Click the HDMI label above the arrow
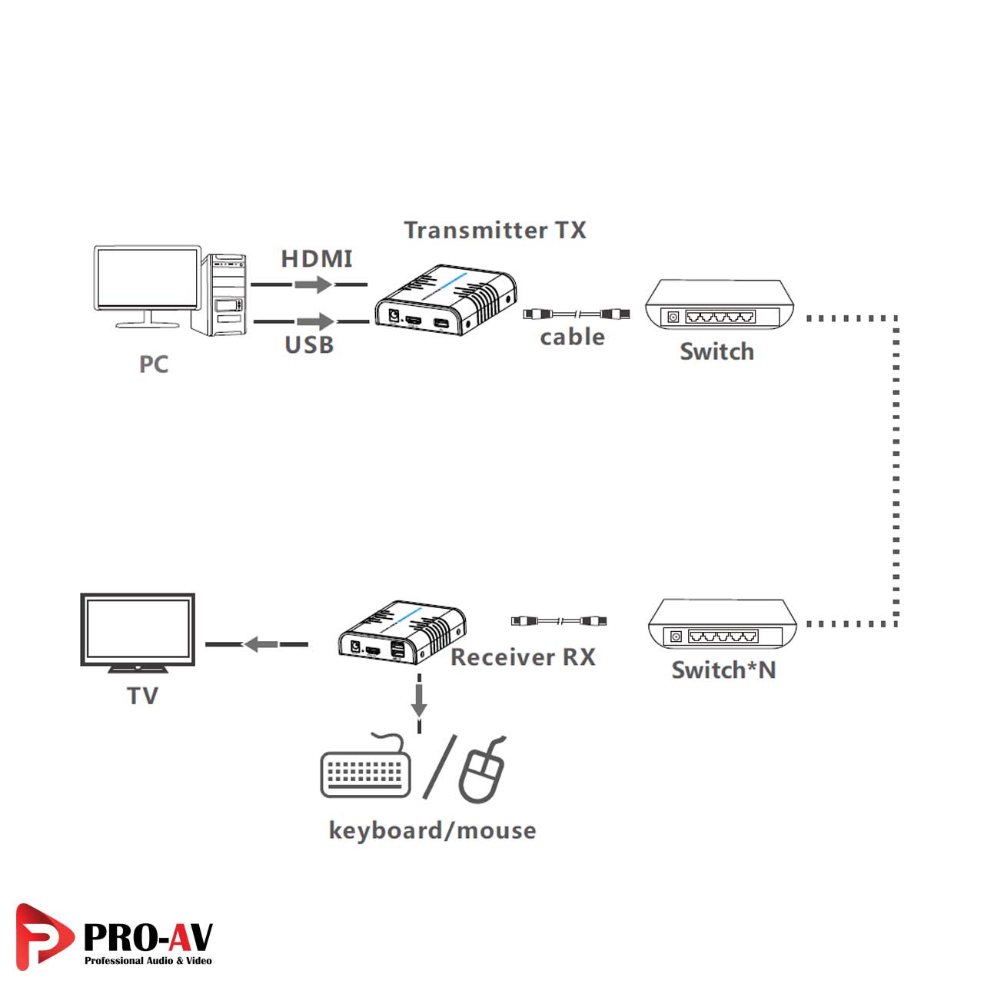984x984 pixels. [317, 259]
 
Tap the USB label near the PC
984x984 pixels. [309, 345]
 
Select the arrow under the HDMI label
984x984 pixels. [313, 284]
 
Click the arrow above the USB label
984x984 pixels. [315, 321]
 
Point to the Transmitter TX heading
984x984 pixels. [495, 230]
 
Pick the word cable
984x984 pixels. [572, 337]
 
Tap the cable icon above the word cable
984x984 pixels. [577, 314]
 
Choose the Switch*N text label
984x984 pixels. [723, 670]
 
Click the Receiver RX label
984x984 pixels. [523, 657]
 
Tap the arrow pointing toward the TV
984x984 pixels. [261, 644]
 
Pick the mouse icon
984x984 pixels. [483, 773]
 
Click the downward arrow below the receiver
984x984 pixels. [419, 701]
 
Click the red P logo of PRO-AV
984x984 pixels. [42, 936]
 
